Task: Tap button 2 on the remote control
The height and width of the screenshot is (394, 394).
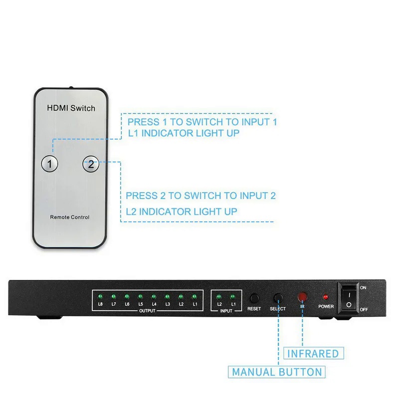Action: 90,164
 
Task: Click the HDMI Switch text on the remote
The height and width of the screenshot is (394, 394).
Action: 71,108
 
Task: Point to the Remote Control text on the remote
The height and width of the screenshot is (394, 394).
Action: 70,217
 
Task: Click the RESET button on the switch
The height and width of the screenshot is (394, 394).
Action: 254,298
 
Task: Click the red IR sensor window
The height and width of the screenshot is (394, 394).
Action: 302,297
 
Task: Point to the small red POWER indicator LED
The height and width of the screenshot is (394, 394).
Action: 326,297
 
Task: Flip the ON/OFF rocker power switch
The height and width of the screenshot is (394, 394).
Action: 349,298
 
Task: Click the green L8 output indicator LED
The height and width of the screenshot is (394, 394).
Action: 100,296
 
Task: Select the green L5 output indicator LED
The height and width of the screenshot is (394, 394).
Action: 141,296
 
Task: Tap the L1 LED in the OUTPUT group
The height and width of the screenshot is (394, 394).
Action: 195,296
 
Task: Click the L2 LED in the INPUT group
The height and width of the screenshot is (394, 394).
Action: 219,297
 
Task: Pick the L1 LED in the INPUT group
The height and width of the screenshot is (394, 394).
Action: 233,297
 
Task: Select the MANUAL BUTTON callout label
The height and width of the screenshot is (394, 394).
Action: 277,372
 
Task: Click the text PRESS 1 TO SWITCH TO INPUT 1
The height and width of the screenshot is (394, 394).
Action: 202,122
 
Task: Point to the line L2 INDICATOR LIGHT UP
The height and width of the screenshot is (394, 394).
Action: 182,211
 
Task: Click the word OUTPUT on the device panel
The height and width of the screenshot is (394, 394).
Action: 147,311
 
